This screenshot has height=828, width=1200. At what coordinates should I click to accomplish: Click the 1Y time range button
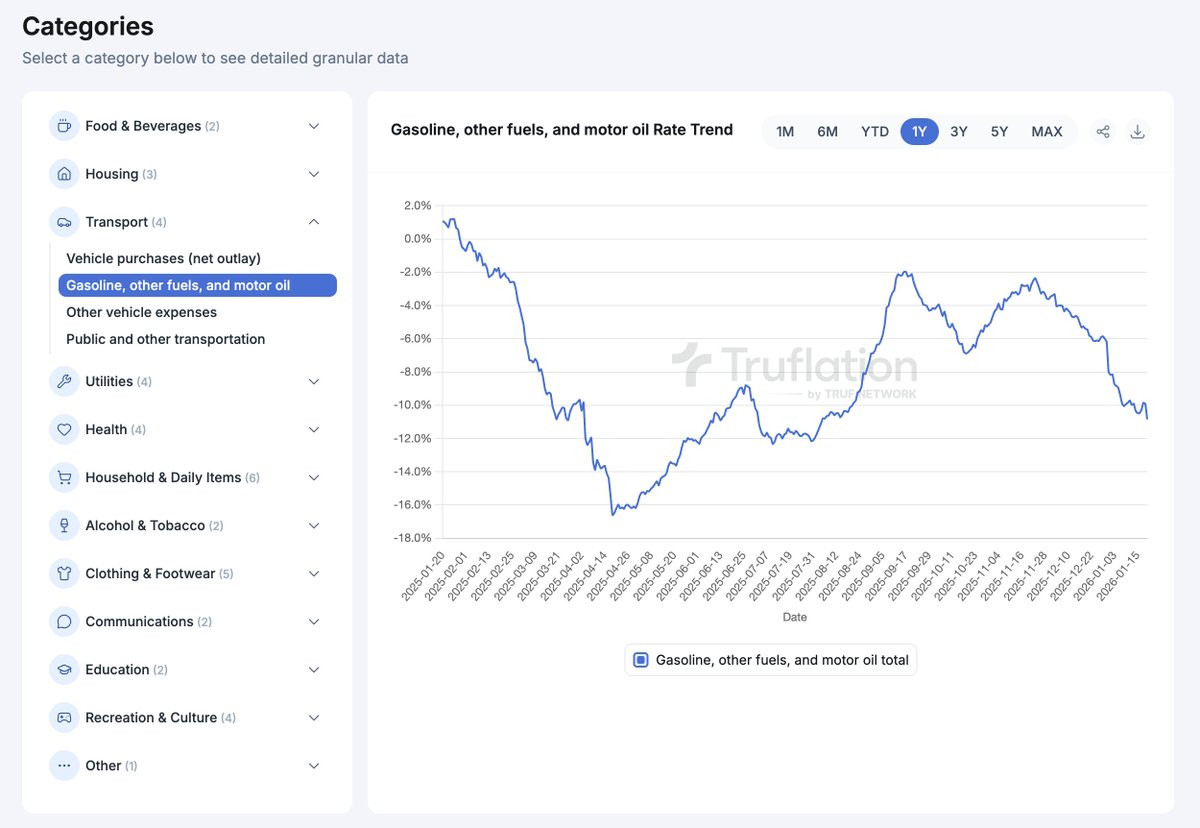click(919, 131)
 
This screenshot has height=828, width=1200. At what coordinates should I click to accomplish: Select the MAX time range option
click(1047, 131)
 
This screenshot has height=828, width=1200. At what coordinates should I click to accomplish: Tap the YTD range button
click(875, 131)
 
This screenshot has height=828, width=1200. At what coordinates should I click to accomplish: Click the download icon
click(1137, 131)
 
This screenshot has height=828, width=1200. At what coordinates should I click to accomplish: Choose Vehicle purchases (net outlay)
click(163, 258)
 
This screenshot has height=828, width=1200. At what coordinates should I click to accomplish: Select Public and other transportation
click(166, 339)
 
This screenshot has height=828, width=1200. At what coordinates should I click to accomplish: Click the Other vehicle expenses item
click(141, 312)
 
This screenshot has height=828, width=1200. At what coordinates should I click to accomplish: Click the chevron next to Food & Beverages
click(314, 126)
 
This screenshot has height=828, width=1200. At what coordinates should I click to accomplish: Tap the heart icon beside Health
click(64, 430)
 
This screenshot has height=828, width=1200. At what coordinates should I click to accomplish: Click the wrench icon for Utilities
click(64, 381)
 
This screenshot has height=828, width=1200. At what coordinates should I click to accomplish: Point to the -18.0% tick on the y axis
click(412, 538)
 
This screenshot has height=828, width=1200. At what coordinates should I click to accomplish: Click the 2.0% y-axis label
click(417, 206)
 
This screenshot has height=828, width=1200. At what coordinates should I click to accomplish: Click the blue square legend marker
click(641, 660)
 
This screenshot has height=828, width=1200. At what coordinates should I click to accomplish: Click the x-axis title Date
click(794, 617)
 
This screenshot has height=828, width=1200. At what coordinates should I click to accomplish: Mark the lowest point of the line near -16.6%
click(613, 515)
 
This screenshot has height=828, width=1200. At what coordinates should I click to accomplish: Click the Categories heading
click(88, 27)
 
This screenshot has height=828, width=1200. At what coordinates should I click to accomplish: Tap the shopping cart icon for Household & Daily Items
click(64, 478)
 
